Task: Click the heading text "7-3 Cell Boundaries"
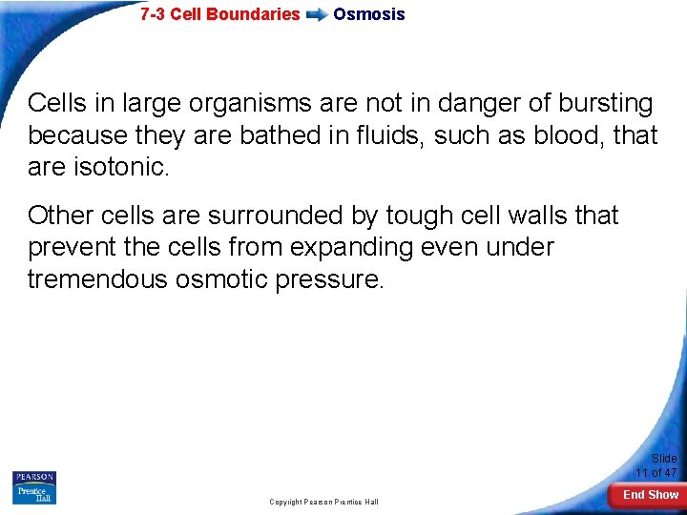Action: pyautogui.click(x=219, y=14)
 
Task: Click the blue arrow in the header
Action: pyautogui.click(x=317, y=15)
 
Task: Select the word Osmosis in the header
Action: pyautogui.click(x=368, y=14)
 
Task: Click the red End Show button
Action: pyautogui.click(x=650, y=495)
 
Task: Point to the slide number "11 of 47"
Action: pyautogui.click(x=656, y=473)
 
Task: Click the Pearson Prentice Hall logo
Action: pyautogui.click(x=34, y=487)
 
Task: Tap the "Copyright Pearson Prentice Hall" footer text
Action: pyautogui.click(x=323, y=502)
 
